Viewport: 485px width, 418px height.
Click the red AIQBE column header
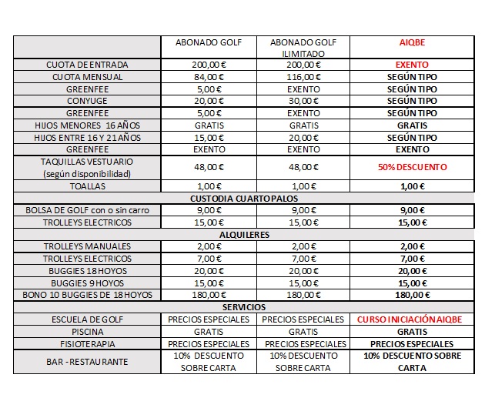(x=412, y=42)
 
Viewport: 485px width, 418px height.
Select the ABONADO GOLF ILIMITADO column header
(x=303, y=48)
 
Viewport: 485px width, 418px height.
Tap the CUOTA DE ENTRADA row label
(x=87, y=65)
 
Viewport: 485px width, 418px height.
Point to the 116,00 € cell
(x=303, y=77)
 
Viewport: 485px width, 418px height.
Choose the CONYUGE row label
(x=87, y=101)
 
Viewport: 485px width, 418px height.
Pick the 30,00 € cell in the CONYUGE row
(x=303, y=101)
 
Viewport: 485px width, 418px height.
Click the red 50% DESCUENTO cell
(x=412, y=167)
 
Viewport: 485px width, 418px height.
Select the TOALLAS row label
(x=87, y=186)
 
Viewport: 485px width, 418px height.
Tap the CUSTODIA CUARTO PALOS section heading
(x=244, y=199)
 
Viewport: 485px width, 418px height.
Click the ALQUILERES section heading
(x=244, y=235)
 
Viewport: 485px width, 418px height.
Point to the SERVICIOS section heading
(x=244, y=307)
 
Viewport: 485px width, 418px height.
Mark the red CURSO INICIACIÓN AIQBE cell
(x=412, y=319)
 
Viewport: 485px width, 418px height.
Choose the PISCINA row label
(x=87, y=332)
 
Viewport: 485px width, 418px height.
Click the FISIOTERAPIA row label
(x=87, y=344)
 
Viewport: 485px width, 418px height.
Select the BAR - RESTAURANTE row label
(x=87, y=361)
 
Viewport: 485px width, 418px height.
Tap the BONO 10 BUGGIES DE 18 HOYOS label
(x=87, y=295)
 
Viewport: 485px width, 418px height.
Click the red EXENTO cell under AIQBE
(x=412, y=65)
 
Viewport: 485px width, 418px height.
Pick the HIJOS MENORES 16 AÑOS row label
(x=87, y=125)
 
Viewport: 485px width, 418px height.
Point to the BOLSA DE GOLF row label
(x=87, y=210)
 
